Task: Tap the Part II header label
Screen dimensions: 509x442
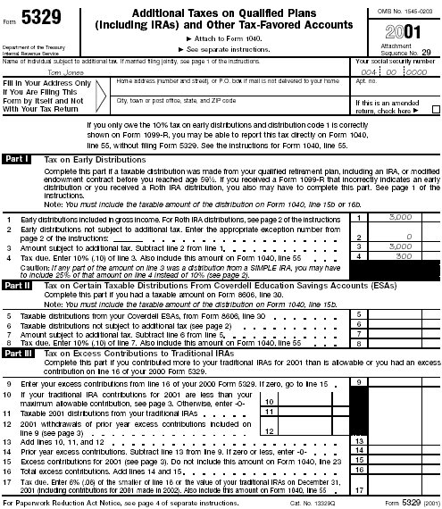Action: [18, 285]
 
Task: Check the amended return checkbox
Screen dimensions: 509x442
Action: [435, 111]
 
